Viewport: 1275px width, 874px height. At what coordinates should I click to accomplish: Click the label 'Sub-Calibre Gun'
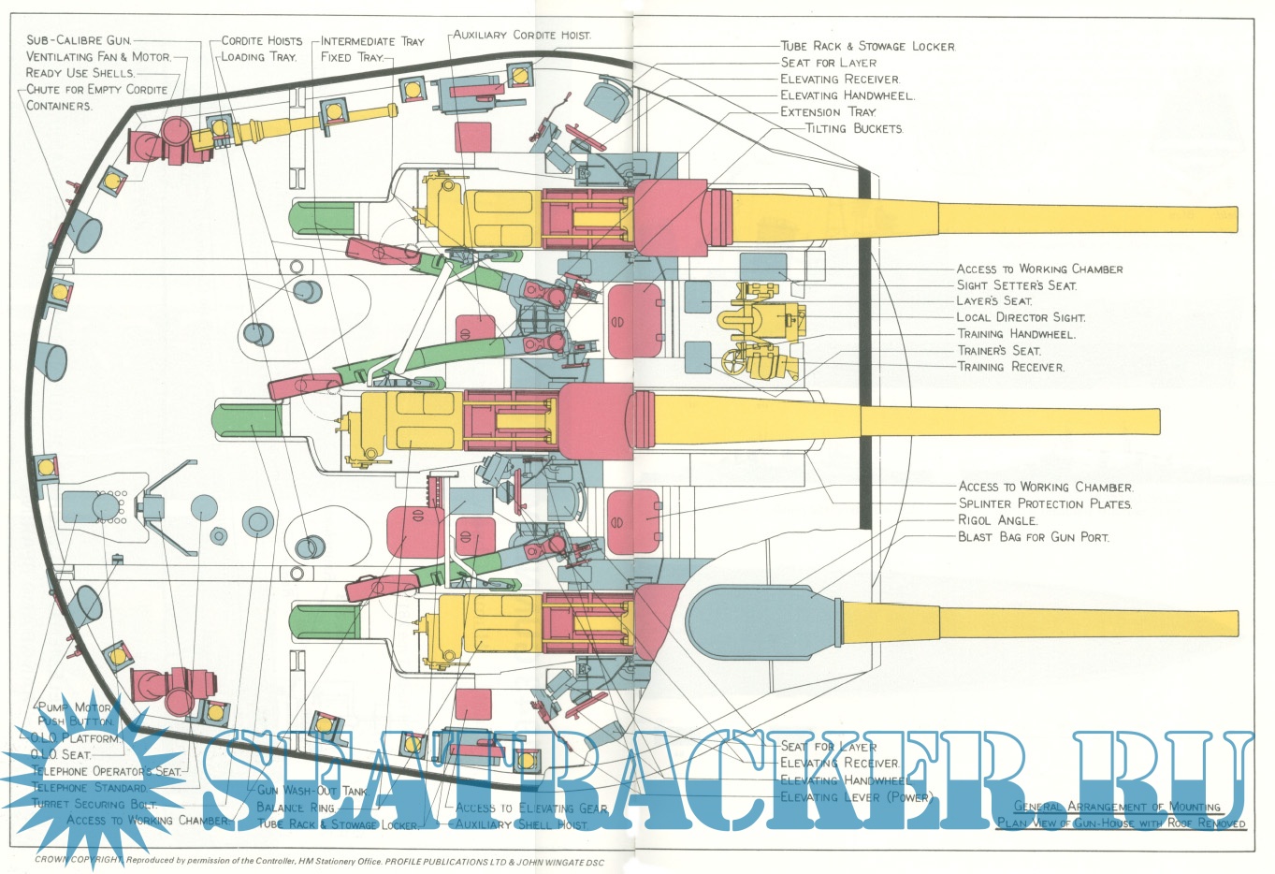pyautogui.click(x=79, y=40)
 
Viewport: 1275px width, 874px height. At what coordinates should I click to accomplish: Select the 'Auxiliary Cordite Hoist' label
pyautogui.click(x=522, y=35)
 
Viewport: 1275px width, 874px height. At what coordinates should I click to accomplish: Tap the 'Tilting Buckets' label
pyautogui.click(x=853, y=128)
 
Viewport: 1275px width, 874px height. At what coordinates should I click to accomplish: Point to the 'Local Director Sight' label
pyautogui.click(x=1021, y=317)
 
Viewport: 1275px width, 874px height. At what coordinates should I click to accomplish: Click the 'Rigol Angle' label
pyautogui.click(x=997, y=520)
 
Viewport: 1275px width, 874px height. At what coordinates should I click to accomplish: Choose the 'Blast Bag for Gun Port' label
pyautogui.click(x=1033, y=537)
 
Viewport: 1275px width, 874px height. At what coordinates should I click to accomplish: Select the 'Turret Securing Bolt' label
pyautogui.click(x=94, y=804)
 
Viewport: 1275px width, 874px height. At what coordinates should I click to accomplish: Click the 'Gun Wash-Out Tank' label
pyautogui.click(x=312, y=791)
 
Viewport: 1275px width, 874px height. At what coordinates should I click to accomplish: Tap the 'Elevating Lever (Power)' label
pyautogui.click(x=856, y=797)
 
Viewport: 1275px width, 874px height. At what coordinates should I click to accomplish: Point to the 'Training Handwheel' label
pyautogui.click(x=1016, y=334)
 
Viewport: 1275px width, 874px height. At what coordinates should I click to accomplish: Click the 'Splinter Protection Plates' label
pyautogui.click(x=1045, y=503)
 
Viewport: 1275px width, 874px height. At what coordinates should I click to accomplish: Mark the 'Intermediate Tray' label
pyautogui.click(x=372, y=41)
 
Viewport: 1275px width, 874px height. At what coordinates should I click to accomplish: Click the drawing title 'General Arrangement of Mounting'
pyautogui.click(x=1118, y=807)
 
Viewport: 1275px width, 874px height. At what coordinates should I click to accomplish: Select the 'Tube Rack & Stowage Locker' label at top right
pyautogui.click(x=868, y=46)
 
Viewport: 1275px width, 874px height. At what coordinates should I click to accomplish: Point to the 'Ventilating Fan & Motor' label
pyautogui.click(x=98, y=56)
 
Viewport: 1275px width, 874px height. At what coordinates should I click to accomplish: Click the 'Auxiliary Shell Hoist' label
pyautogui.click(x=521, y=824)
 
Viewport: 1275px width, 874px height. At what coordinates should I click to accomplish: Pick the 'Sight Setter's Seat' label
pyautogui.click(x=1016, y=285)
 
